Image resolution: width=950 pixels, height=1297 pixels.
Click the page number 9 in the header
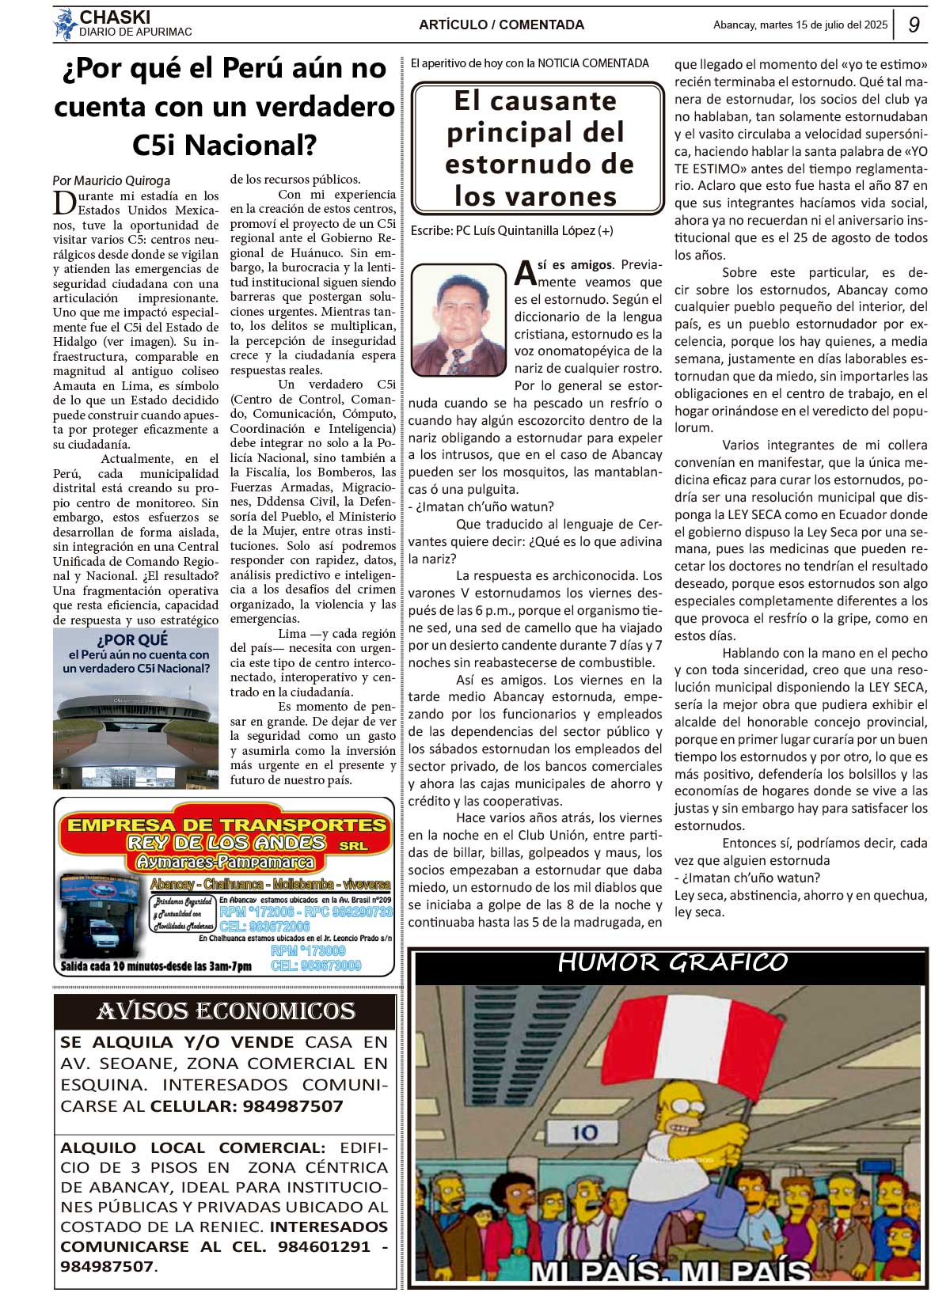click(914, 25)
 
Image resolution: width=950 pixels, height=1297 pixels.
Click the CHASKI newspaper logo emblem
click(65, 25)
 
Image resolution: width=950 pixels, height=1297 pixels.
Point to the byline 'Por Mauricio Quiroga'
click(111, 180)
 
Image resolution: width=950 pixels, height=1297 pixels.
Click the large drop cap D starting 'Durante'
click(64, 203)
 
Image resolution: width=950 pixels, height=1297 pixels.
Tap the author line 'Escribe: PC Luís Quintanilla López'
click(511, 231)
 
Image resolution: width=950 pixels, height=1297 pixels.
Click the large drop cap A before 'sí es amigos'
click(525, 272)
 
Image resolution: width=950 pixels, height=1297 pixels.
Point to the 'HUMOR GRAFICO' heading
click(672, 962)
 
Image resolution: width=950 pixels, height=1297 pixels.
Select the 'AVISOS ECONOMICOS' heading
click(226, 1011)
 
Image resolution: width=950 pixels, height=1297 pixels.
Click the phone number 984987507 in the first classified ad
click(293, 1106)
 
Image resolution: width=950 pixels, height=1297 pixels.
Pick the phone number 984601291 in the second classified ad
click(324, 1246)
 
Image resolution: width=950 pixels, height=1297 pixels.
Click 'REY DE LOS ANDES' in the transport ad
click(226, 843)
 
